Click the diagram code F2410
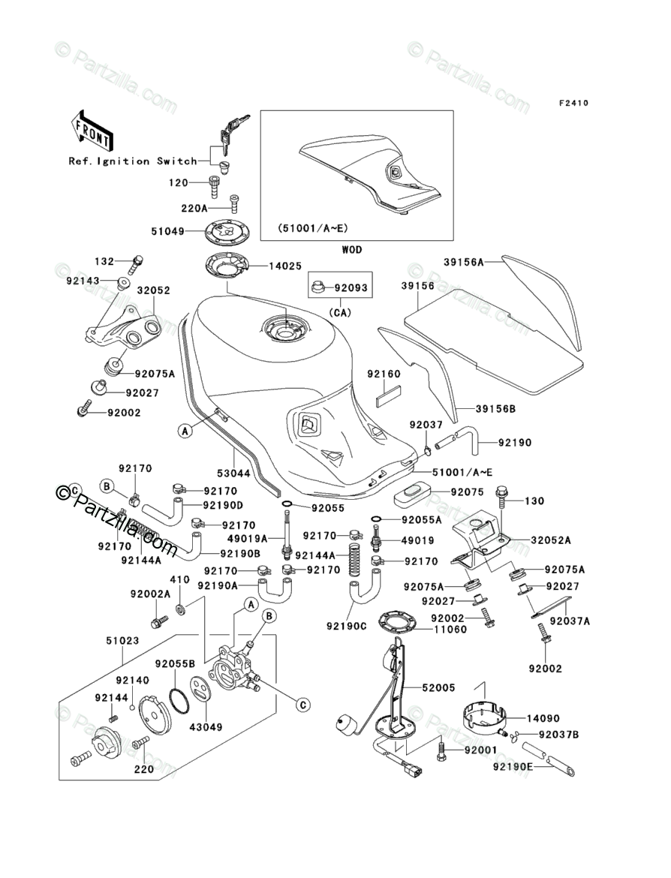(x=571, y=103)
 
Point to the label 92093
(x=351, y=287)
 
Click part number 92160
(x=384, y=374)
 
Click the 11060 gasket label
(x=447, y=629)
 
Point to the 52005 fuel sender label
(x=438, y=687)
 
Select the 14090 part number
(x=542, y=718)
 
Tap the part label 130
(x=534, y=501)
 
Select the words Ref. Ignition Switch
(x=132, y=161)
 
